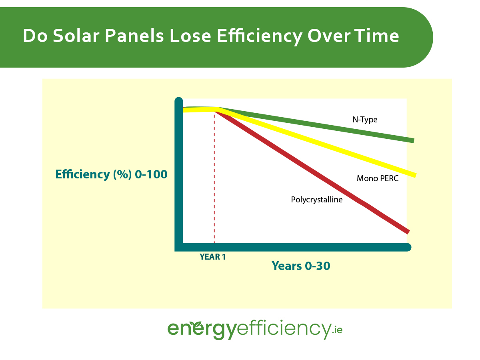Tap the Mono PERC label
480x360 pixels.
click(378, 178)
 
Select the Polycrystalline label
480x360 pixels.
click(317, 200)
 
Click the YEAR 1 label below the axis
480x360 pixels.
click(212, 257)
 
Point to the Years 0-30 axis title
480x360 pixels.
click(301, 266)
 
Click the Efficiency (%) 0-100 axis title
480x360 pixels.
click(111, 175)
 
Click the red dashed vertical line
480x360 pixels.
click(214, 180)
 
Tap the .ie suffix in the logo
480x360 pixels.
click(337, 330)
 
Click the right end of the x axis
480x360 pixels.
click(408, 247)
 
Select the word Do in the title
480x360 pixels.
click(34, 36)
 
